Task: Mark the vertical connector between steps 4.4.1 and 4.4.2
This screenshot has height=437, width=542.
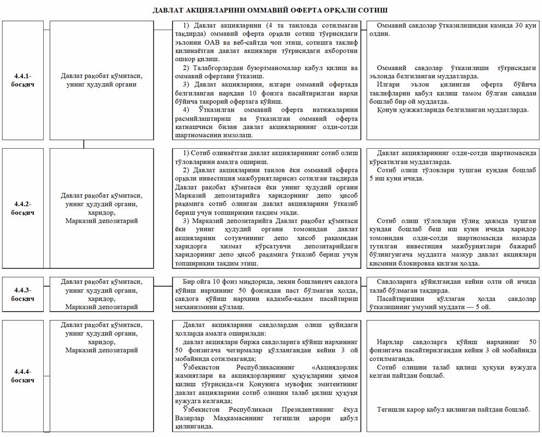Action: [84, 144]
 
